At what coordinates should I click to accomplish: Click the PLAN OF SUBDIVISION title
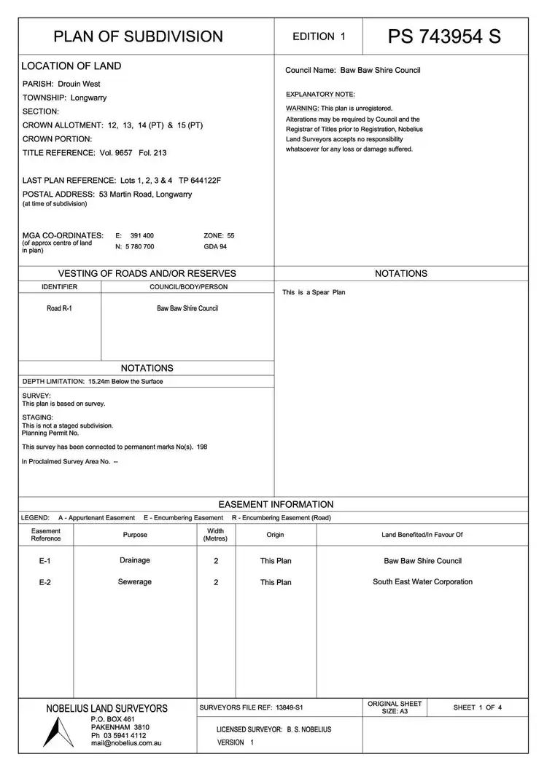pos(139,36)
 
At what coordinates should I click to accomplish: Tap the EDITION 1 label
pos(319,36)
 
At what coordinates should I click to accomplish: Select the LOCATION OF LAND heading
pos(71,66)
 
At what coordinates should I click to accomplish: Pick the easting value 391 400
pos(142,236)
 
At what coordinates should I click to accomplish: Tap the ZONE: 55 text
pos(219,236)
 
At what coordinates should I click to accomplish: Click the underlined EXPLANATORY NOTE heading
pos(320,95)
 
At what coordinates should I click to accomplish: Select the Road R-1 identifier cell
pos(60,308)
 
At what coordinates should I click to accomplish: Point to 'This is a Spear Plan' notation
pos(314,292)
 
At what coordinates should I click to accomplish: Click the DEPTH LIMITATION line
pos(93,381)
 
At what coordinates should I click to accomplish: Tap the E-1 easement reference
pos(45,561)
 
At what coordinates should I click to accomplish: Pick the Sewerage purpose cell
pos(135,582)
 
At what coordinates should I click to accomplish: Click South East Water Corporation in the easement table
pos(422,582)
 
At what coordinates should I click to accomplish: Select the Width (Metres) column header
pos(216,535)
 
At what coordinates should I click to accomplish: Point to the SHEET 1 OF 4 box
pos(477,707)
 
